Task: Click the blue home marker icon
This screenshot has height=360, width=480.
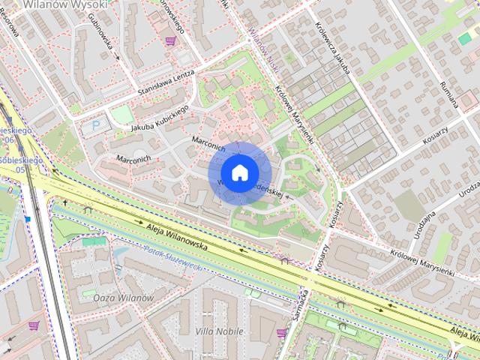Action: coord(238,172)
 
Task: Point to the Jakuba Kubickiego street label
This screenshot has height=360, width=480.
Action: coord(158,120)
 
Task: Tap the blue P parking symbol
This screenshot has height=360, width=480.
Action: coord(94,126)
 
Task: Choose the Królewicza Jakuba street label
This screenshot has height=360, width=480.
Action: coord(336,44)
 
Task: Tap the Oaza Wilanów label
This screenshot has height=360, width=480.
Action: coord(124,298)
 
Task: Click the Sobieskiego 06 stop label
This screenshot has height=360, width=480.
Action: coord(13,135)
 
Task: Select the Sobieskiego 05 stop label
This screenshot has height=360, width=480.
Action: coord(15,165)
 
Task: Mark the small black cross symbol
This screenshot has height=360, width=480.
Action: coord(65,202)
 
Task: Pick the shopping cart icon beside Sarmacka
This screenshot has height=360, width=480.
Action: coord(281,332)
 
